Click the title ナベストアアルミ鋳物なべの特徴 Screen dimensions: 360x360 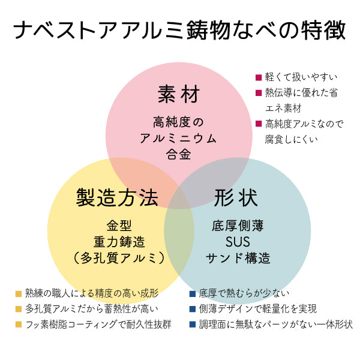pos(179,29)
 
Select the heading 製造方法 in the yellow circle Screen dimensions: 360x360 pos(118,196)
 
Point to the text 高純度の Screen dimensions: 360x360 pos(178,122)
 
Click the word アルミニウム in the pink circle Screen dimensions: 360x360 pos(178,138)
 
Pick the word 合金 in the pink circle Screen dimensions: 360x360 pos(178,154)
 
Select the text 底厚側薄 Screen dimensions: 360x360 pos(238,226)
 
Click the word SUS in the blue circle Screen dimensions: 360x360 pos(238,242)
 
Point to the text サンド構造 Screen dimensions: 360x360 pos(238,259)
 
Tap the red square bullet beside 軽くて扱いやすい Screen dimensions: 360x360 pos(259,77)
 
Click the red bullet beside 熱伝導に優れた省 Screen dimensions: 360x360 pos(259,93)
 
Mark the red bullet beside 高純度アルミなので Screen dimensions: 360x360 pos(259,124)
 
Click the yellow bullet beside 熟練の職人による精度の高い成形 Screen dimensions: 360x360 pos(19,293)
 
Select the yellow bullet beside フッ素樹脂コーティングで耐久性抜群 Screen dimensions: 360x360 pos(19,325)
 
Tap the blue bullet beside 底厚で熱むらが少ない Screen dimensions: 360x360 pos(193,293)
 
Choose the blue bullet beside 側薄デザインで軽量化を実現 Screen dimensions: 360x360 pos(193,309)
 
